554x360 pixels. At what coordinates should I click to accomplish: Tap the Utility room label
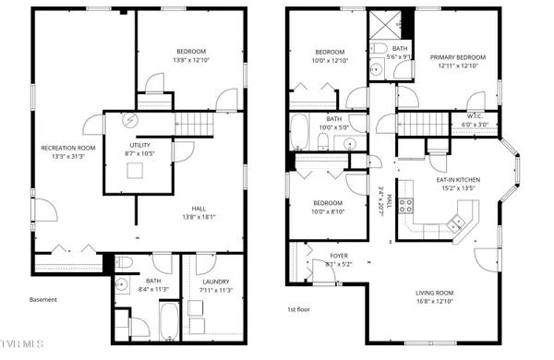tap(139, 145)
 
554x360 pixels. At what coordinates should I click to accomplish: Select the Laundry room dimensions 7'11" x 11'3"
tap(216, 290)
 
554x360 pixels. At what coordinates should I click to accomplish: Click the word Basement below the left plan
tap(43, 299)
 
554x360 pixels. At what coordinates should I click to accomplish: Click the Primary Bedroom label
tap(457, 57)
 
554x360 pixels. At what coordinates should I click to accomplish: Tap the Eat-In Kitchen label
tap(459, 180)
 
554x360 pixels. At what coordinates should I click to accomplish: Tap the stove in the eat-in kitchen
tap(454, 221)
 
